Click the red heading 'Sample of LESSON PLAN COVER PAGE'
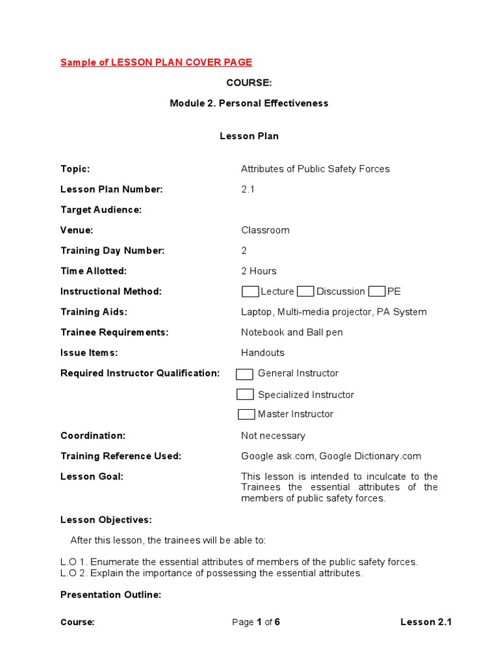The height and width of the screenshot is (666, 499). point(156,62)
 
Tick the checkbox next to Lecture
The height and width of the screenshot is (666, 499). point(250,291)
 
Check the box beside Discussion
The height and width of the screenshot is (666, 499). point(305,291)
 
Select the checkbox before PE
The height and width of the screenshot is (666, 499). point(377,291)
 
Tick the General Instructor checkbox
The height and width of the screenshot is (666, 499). point(244,374)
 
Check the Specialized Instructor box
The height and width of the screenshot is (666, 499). point(245,394)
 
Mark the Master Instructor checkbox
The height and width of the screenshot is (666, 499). point(246,414)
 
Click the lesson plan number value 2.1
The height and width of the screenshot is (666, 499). point(248,189)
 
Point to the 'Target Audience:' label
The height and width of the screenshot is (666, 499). point(101,209)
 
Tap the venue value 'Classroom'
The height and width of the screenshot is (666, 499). point(265,230)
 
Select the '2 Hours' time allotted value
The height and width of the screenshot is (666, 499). point(259,271)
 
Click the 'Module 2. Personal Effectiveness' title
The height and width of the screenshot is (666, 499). point(249,103)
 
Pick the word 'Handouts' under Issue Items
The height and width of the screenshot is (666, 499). point(262,353)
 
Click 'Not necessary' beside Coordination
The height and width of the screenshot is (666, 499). point(273,436)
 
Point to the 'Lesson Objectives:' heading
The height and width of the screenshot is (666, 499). point(106,520)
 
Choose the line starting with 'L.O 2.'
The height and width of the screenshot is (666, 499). point(211,573)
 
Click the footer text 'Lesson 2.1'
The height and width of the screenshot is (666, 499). point(426,622)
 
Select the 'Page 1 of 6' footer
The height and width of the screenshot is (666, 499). point(256,622)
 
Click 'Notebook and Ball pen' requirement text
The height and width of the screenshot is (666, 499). point(292,332)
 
